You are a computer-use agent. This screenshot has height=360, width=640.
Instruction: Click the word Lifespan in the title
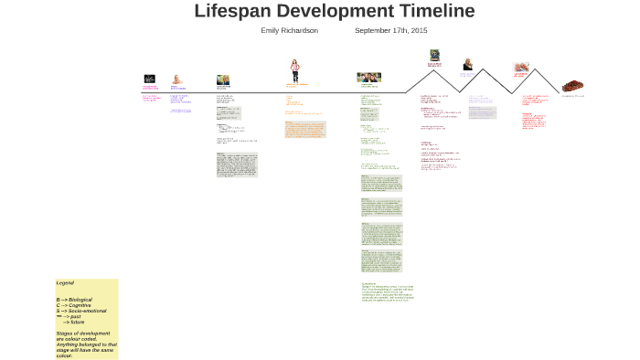[237, 11]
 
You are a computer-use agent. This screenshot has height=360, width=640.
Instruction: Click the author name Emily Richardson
[289, 30]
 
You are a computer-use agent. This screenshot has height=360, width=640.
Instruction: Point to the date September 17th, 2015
[390, 30]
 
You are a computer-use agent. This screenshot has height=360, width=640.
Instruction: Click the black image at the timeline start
[149, 79]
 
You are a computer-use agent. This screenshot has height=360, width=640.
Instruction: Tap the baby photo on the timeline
[176, 79]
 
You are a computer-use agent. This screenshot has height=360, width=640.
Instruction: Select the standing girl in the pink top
[295, 70]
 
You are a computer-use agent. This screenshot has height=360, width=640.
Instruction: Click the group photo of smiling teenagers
[368, 78]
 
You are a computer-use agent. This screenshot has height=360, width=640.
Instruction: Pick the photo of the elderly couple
[521, 68]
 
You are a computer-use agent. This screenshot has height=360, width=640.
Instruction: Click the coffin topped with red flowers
[573, 85]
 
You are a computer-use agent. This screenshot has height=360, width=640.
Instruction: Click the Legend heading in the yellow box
[65, 283]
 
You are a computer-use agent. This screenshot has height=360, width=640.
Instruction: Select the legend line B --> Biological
[74, 300]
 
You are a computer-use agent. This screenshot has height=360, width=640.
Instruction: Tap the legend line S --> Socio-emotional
[81, 311]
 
